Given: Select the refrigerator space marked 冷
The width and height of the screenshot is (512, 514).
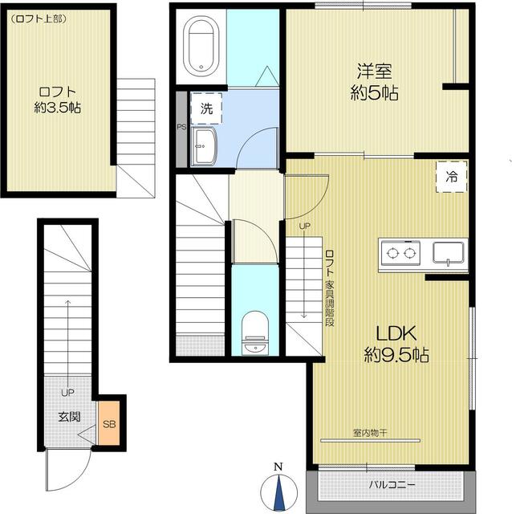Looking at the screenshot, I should [x=452, y=177].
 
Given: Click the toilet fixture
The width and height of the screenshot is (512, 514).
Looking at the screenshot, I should [x=254, y=331].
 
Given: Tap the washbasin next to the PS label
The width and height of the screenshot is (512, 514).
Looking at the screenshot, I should [x=206, y=145].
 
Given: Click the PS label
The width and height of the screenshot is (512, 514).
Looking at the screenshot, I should [x=181, y=127].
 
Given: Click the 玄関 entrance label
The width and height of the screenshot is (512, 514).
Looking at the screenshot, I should [x=67, y=417].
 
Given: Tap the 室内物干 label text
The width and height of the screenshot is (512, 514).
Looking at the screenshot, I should [x=370, y=433].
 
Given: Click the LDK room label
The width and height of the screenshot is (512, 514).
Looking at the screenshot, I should [x=396, y=333].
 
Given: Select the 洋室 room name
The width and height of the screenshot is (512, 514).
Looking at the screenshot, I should [x=375, y=69].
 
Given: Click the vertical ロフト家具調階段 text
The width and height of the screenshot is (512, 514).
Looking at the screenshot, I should [x=329, y=288].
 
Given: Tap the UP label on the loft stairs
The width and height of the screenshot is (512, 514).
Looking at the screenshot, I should [x=304, y=226].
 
